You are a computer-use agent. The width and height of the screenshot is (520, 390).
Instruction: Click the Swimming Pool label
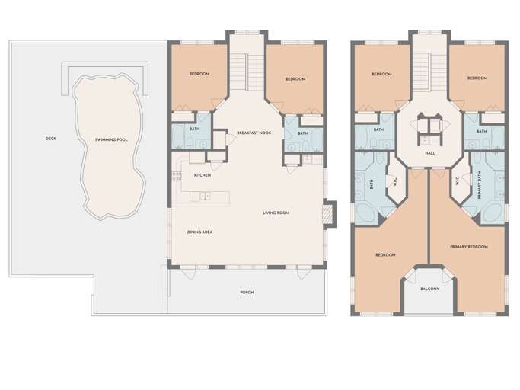pos(111,139)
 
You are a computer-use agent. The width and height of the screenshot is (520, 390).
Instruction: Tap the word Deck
pos(51,139)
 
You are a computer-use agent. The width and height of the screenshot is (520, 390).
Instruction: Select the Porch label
pos(247,292)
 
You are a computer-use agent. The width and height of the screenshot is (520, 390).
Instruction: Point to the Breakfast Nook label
pos(254,133)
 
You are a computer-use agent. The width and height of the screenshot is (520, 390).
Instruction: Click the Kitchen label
pos(203,175)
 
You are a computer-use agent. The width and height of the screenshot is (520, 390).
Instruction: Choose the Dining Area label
pos(199,232)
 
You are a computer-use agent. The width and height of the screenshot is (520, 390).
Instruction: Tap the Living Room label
pos(276,213)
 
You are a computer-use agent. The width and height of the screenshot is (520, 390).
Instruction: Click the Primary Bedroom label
pos(469,247)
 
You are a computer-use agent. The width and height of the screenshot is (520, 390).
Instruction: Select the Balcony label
pos(430,289)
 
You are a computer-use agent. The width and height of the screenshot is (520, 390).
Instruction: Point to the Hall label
pos(430,153)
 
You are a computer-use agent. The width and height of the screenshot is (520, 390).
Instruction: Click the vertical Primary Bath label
pos(480,185)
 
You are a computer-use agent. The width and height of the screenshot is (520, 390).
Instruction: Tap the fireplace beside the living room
pos(327,214)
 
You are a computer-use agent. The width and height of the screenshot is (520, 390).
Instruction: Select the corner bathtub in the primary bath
pos(492,213)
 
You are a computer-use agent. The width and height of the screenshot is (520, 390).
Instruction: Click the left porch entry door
pos(190,272)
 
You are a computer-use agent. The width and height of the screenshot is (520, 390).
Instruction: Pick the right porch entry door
pos(303,272)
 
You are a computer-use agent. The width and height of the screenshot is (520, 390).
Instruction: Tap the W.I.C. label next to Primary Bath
pos(458,181)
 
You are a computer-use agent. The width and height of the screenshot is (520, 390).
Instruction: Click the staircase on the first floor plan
pos(247,72)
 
